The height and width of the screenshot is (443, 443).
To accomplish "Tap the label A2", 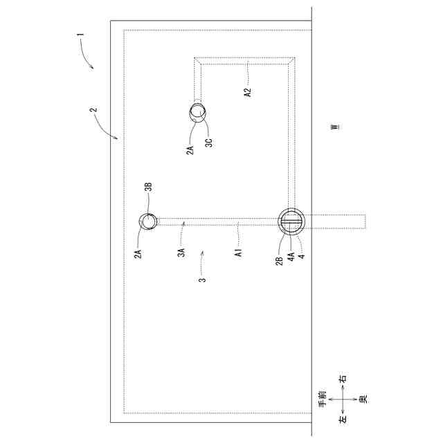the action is tap(247, 90).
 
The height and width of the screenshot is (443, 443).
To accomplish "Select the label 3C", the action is tap(208, 143).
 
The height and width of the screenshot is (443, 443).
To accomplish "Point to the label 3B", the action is tap(148, 189).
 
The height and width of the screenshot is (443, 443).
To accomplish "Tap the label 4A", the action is tap(291, 256).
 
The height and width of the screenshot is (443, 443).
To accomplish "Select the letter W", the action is tap(334, 127).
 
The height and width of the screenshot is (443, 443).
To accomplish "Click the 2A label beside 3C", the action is tap(190, 147).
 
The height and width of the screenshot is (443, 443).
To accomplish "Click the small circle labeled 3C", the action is tap(199, 111).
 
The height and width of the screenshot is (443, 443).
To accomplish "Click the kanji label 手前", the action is tap(322, 398).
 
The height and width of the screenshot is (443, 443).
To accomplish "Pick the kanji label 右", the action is tap(342, 379).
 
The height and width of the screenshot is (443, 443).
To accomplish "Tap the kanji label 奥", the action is tap(362, 399).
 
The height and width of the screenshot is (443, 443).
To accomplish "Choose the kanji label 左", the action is tap(342, 419).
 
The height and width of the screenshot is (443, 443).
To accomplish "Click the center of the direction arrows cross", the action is tap(342, 399).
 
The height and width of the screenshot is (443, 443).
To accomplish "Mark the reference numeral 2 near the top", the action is tap(93, 110).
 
